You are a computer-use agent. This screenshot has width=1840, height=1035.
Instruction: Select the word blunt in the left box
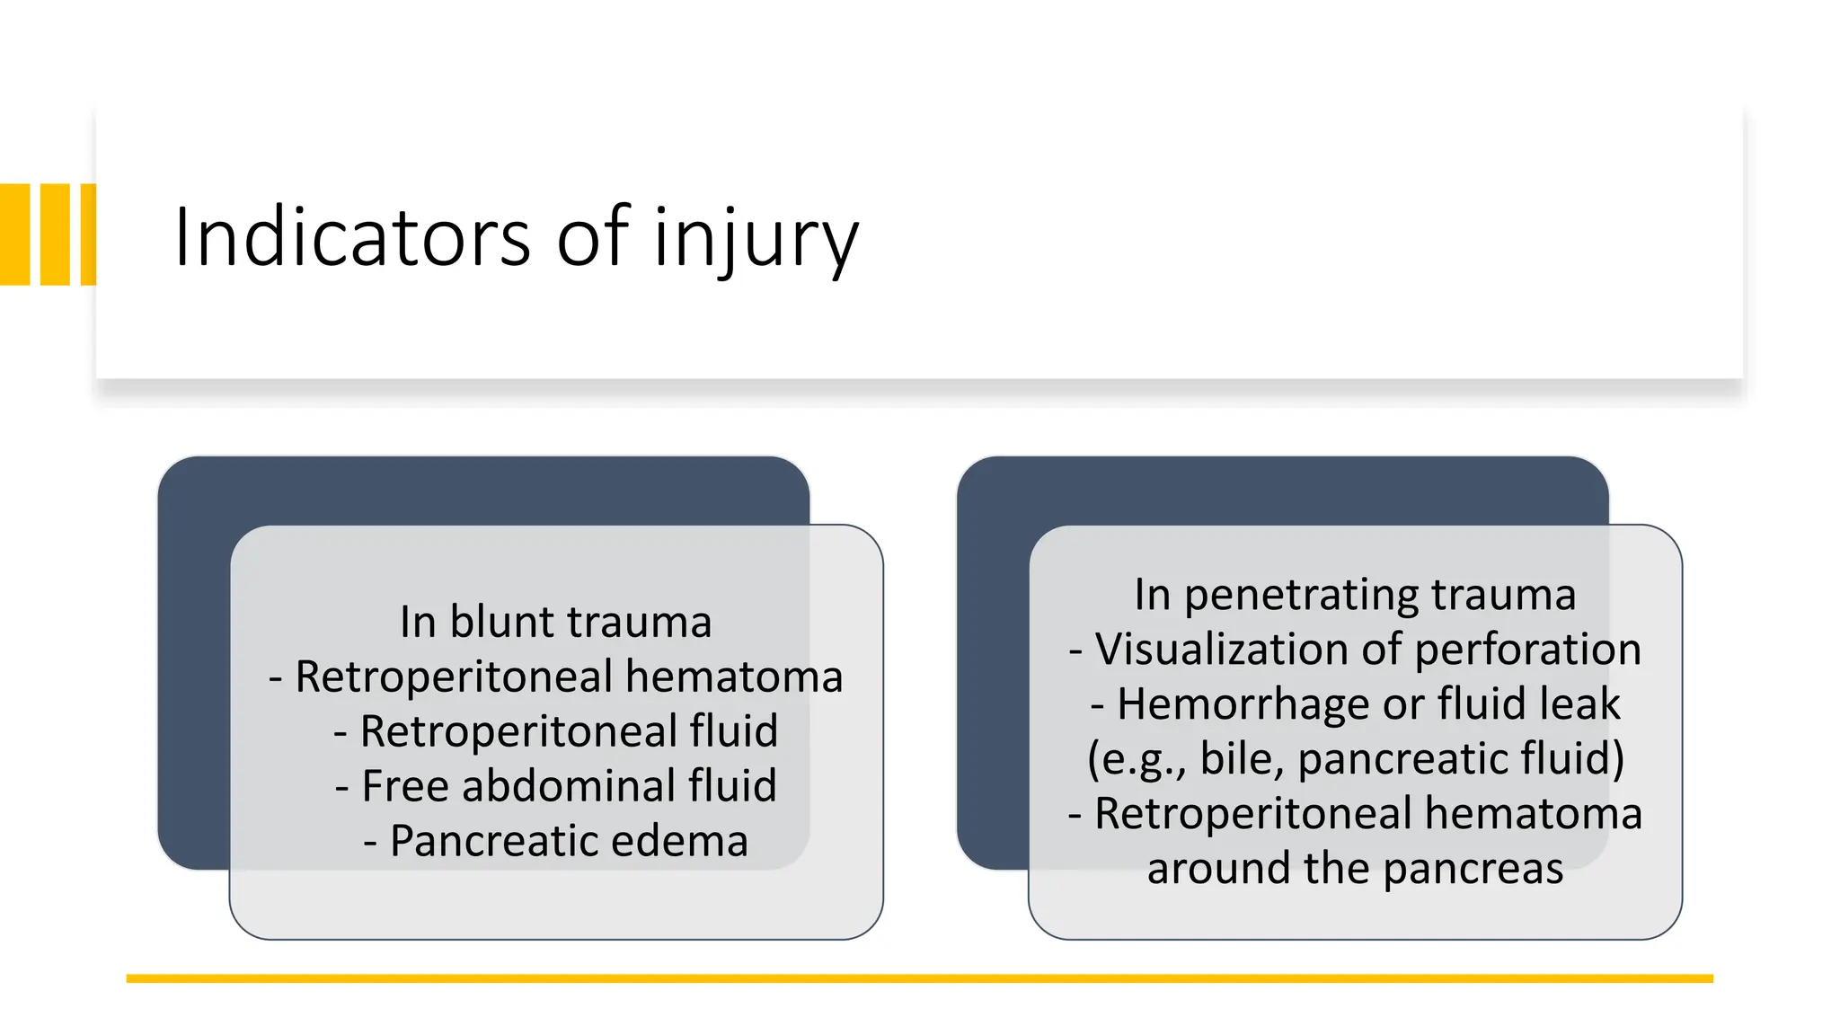point(502,622)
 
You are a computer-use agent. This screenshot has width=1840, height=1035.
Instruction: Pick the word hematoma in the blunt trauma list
point(734,677)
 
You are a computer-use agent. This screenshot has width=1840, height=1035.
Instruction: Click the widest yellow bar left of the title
point(15,234)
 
